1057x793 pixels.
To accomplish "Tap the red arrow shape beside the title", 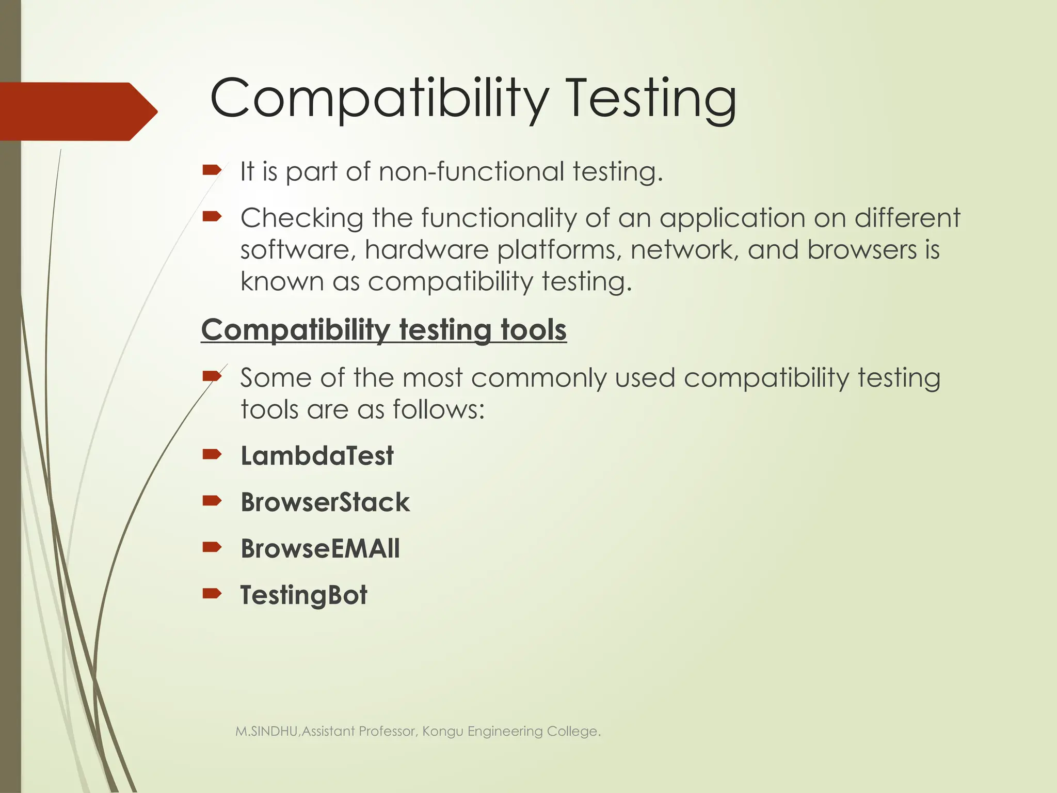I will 77,112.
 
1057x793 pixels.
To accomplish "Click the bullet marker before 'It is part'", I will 212,170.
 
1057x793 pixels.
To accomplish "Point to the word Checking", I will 302,218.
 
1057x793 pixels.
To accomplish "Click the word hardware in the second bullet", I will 426,250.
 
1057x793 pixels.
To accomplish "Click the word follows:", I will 439,410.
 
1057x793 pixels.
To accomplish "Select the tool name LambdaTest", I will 317,456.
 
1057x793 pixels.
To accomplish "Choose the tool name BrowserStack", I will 325,502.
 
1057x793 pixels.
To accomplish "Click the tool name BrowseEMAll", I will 320,548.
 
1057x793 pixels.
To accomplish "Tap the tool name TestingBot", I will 303,595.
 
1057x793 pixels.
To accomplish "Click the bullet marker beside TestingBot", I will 212,594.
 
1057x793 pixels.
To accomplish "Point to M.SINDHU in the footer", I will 266,732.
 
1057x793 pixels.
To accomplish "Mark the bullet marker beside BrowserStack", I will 212,501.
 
